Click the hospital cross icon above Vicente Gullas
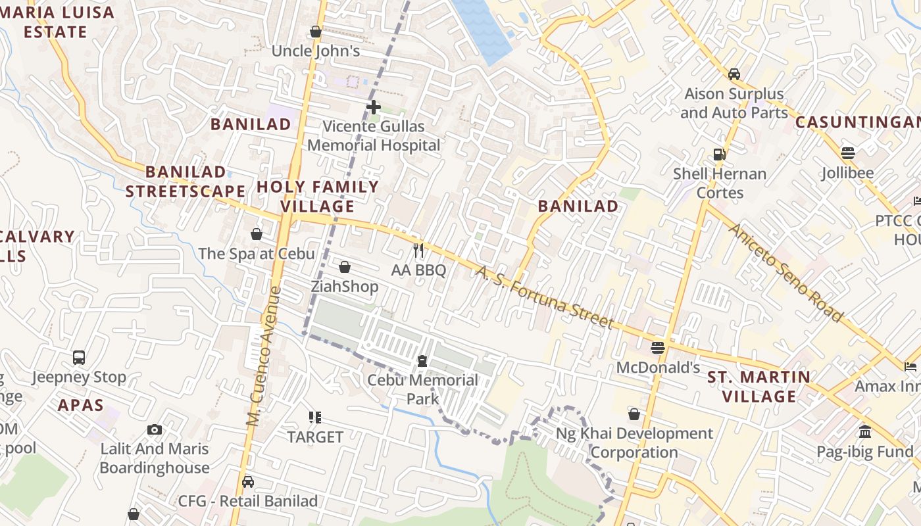tap(374, 107)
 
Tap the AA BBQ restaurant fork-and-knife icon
tap(418, 251)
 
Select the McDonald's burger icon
tap(658, 348)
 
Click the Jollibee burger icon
tap(847, 153)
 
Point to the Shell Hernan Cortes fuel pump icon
tap(720, 155)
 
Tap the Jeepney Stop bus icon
tap(79, 358)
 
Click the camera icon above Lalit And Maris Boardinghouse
tap(155, 430)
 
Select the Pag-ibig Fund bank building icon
tap(865, 432)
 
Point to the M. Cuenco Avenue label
tap(264, 355)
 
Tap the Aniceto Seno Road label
tap(785, 273)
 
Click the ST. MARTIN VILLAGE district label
tap(759, 387)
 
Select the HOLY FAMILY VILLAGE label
tap(318, 196)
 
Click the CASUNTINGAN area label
tap(857, 122)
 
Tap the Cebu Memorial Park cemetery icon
tap(422, 361)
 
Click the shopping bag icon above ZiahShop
tap(345, 267)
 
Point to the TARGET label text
tap(315, 437)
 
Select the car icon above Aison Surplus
tap(734, 74)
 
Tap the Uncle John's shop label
tap(316, 51)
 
